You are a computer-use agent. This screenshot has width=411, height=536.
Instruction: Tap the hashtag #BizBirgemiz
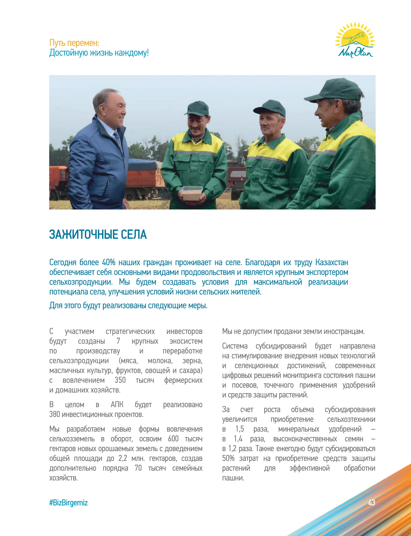[x=68, y=503]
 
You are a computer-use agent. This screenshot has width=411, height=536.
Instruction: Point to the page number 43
[x=371, y=502]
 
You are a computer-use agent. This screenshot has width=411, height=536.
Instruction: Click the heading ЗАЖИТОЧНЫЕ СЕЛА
[x=98, y=235]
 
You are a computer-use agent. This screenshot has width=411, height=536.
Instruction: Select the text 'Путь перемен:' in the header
[x=74, y=43]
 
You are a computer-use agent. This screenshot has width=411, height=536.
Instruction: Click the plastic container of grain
[x=192, y=193]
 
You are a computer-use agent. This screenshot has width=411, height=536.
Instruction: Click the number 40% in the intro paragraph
[x=108, y=262]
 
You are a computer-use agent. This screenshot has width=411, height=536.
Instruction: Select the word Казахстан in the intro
[x=331, y=262]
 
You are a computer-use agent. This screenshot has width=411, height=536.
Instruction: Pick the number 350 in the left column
[x=120, y=380]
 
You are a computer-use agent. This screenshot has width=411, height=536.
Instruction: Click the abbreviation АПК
[x=117, y=405]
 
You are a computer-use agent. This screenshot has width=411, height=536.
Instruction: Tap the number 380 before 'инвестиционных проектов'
[x=54, y=414]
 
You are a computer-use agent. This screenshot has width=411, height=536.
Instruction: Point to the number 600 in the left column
[x=173, y=439]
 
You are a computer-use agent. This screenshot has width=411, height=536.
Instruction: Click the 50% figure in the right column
[x=228, y=458]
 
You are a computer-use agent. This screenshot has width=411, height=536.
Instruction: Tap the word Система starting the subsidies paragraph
[x=235, y=346]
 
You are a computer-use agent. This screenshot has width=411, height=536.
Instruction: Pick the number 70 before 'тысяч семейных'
[x=138, y=468]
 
